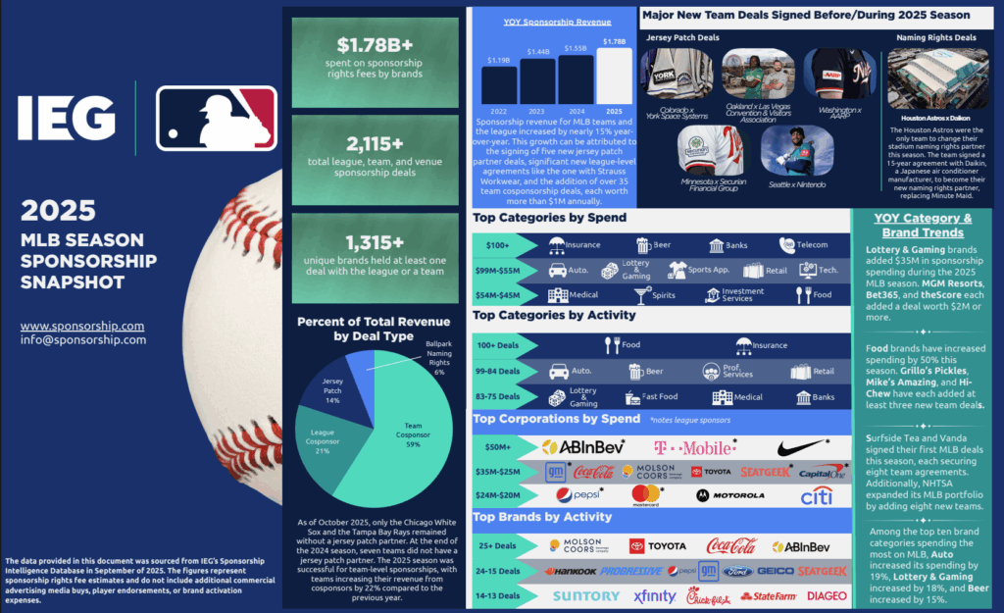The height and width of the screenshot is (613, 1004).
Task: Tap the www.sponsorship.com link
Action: [82, 326]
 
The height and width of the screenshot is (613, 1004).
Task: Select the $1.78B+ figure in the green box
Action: [375, 45]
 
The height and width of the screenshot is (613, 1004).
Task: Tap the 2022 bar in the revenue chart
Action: [499, 84]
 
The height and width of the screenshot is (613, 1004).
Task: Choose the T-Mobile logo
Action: [693, 447]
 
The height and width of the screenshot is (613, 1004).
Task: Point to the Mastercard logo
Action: [645, 494]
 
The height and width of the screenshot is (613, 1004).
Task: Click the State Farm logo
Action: [770, 595]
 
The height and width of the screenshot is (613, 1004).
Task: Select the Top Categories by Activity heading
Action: [554, 315]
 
